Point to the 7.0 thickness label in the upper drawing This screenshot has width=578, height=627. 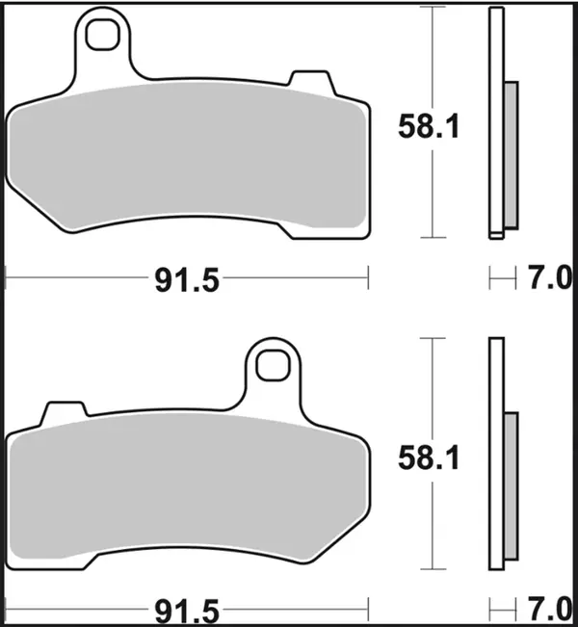click(547, 280)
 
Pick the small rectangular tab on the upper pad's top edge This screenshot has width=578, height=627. click(309, 81)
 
